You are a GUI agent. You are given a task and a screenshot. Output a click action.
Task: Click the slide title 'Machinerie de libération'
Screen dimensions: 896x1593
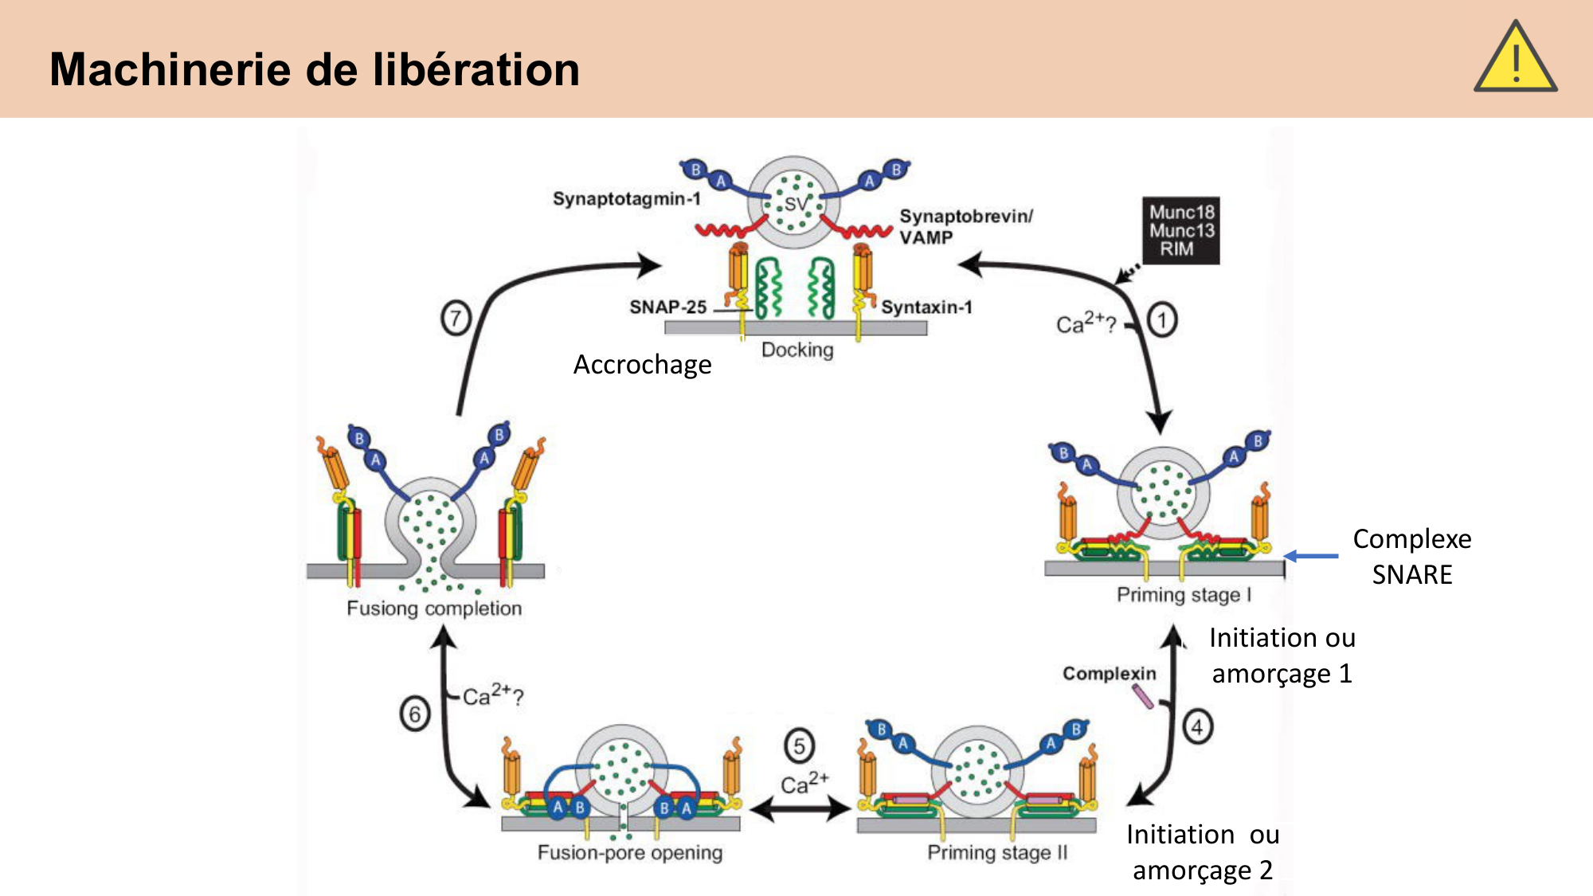[315, 69]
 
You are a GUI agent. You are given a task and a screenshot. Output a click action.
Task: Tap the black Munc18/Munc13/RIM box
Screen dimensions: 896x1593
[1181, 230]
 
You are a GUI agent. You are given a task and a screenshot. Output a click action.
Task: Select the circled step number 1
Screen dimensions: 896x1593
[1162, 320]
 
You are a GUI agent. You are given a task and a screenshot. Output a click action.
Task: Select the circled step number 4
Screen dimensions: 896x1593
[1197, 726]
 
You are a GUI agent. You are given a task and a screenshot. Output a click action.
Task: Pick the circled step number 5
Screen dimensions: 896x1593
[799, 745]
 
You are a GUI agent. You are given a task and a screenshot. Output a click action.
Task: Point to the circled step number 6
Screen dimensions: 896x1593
[415, 714]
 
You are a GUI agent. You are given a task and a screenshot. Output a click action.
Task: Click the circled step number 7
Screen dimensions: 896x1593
[456, 319]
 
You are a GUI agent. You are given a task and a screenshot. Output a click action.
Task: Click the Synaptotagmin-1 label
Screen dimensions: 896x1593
[626, 198]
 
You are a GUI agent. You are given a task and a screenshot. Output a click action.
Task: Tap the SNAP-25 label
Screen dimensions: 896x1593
[667, 307]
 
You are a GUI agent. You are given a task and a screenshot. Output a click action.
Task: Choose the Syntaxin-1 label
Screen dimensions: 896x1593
[926, 307]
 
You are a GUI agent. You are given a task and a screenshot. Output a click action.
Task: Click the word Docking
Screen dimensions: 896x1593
[797, 350]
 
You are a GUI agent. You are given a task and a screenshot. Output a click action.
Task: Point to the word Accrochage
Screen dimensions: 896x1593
[642, 365]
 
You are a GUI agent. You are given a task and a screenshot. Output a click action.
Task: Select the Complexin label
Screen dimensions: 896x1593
[1109, 674]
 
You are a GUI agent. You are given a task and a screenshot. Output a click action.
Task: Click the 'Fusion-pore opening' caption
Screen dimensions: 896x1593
[630, 852]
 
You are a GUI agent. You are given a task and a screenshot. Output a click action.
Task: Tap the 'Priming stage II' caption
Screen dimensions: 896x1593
[997, 852]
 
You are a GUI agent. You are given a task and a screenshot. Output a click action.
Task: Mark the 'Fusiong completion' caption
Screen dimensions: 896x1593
[434, 608]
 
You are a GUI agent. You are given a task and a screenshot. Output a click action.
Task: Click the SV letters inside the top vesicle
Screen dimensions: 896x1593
[796, 204]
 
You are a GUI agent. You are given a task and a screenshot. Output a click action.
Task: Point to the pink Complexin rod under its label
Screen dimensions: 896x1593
[1143, 697]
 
